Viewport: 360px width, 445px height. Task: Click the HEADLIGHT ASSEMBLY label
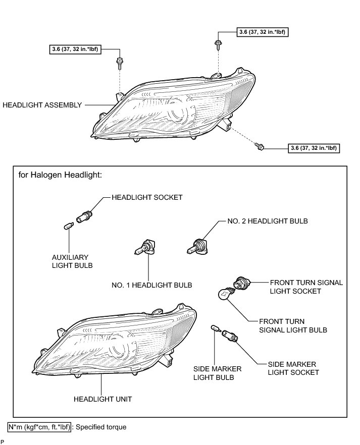42,105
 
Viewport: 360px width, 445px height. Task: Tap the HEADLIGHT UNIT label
102,399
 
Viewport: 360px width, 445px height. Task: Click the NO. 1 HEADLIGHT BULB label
151,285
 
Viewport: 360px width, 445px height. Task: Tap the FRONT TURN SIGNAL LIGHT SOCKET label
306,287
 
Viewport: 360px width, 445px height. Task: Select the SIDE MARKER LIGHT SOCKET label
293,368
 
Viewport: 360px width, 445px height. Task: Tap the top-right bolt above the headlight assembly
218,45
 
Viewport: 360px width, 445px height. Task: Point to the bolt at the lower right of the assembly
260,147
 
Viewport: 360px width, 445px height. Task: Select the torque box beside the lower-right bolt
313,148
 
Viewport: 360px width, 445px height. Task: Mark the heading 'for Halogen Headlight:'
60,175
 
